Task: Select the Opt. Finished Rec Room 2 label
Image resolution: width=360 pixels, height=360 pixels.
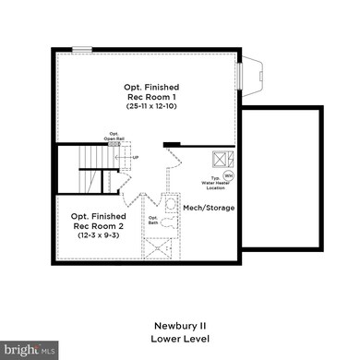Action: click(96, 221)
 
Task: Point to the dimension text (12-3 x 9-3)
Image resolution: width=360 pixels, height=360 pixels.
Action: click(96, 235)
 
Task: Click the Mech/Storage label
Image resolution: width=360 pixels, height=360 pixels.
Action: click(209, 208)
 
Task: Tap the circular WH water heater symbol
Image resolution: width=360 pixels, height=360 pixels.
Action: click(228, 174)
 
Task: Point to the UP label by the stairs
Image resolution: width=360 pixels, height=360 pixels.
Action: click(136, 157)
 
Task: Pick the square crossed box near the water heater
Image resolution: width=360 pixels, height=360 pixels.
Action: click(222, 158)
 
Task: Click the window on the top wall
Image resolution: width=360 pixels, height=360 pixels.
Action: click(82, 50)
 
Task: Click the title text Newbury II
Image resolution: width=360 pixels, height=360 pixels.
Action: click(180, 326)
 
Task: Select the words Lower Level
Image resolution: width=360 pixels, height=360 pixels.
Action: click(180, 338)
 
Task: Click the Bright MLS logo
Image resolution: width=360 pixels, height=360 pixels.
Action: click(30, 350)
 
